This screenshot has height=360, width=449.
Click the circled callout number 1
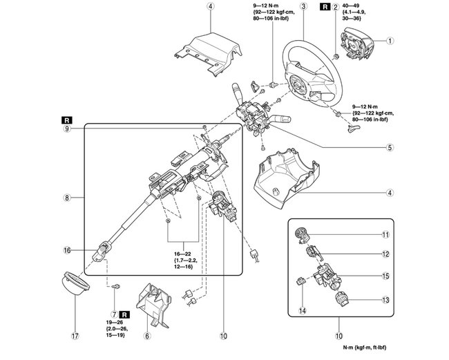point(390,41)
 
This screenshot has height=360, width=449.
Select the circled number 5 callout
point(390,147)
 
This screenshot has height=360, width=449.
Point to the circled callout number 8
point(66,198)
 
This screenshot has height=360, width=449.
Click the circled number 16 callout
point(66,250)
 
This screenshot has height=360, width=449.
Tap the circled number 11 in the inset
point(386,235)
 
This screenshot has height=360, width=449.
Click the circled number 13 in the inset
point(386,300)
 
